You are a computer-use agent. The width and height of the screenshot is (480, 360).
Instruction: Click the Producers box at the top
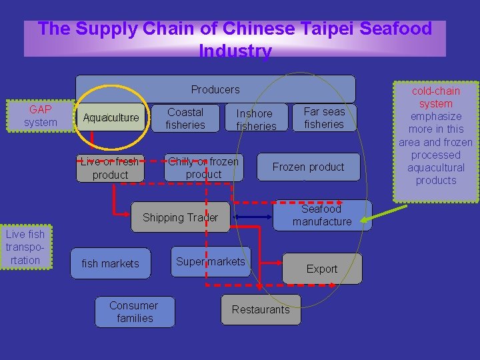[215, 89]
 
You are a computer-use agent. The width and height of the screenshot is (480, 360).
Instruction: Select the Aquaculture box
[111, 118]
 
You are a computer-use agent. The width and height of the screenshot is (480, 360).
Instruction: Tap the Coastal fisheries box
[185, 119]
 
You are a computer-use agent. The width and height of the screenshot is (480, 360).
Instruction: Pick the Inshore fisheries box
[256, 119]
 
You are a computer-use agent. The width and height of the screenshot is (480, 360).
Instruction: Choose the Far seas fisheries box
[324, 118]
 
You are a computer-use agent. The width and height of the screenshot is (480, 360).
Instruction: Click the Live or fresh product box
[110, 168]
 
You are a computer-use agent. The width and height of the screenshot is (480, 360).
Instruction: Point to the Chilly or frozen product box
[203, 167]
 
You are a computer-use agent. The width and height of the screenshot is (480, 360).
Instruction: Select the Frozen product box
[308, 167]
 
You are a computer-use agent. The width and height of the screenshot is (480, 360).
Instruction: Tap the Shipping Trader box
[180, 217]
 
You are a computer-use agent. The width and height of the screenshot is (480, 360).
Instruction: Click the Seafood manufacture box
[322, 215]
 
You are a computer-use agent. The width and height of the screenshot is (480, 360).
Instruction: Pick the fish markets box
[110, 263]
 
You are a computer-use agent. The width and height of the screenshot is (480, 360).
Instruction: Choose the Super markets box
[211, 261]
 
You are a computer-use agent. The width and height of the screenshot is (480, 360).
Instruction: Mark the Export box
[322, 269]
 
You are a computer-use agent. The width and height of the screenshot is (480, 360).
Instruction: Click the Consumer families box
[135, 312]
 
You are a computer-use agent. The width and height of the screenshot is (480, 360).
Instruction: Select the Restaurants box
[261, 309]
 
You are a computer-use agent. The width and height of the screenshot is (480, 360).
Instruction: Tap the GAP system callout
[40, 116]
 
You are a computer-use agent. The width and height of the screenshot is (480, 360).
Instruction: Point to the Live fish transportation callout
[25, 247]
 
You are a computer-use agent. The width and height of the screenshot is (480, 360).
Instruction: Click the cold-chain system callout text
[436, 135]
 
